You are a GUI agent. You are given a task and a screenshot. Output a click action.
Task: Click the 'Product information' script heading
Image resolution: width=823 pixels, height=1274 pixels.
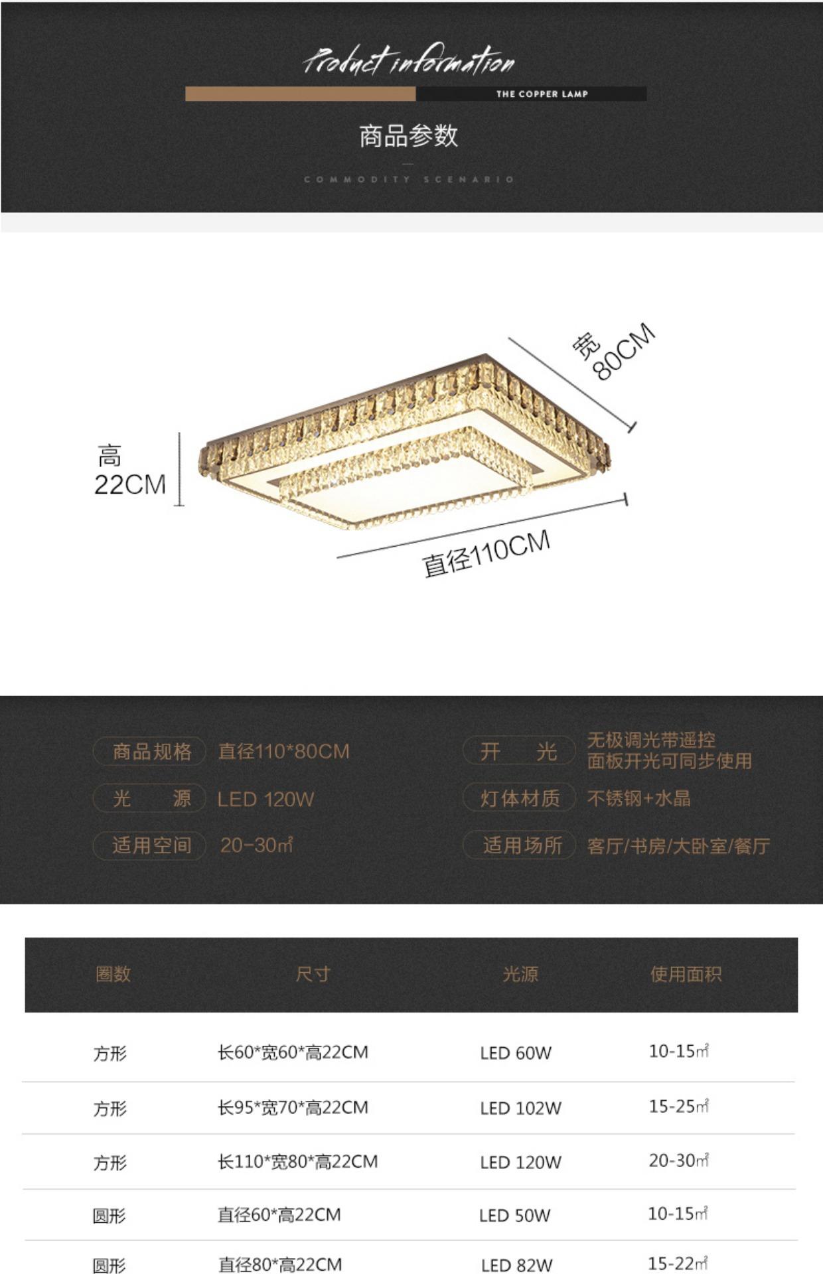pos(409,62)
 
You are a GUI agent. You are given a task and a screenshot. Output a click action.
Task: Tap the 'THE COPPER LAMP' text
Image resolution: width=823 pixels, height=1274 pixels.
pos(542,94)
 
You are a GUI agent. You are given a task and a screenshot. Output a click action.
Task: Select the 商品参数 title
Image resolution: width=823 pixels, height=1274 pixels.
pos(408,136)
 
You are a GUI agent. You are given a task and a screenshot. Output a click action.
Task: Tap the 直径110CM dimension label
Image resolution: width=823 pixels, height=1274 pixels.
pos(486,553)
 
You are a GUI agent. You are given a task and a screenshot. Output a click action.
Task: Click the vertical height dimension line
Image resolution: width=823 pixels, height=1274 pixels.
pos(179,469)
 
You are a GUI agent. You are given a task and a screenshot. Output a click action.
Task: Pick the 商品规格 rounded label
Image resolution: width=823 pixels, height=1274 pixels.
pos(151,752)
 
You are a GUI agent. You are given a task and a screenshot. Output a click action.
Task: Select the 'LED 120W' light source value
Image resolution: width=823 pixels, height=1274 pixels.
pos(265,799)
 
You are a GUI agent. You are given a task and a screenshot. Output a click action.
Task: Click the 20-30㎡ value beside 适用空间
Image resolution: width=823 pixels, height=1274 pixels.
pos(256,845)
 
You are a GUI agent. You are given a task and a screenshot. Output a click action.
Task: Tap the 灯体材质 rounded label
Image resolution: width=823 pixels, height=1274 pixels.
pos(520,798)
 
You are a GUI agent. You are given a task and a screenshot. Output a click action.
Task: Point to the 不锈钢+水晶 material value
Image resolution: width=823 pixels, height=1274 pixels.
pos(638,798)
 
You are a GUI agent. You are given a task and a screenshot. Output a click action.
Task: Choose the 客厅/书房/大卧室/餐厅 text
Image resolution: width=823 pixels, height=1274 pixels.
pos(678,846)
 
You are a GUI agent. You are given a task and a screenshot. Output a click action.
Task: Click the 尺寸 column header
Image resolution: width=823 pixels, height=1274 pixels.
pos(313,974)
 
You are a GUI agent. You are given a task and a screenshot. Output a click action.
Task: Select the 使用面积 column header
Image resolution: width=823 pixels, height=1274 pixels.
pos(686,974)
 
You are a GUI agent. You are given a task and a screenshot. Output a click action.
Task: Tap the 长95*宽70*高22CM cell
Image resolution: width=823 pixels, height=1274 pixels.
pos(293,1107)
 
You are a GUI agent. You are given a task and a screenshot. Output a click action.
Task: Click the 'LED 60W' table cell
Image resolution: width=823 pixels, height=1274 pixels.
pos(516,1053)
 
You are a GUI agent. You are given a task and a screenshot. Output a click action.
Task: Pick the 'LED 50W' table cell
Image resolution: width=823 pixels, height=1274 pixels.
pos(514,1216)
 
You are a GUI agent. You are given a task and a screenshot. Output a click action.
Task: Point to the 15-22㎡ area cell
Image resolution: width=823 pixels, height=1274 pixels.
pos(678,1263)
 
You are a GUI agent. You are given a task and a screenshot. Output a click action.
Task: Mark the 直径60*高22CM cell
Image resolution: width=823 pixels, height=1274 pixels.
pos(279,1215)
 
